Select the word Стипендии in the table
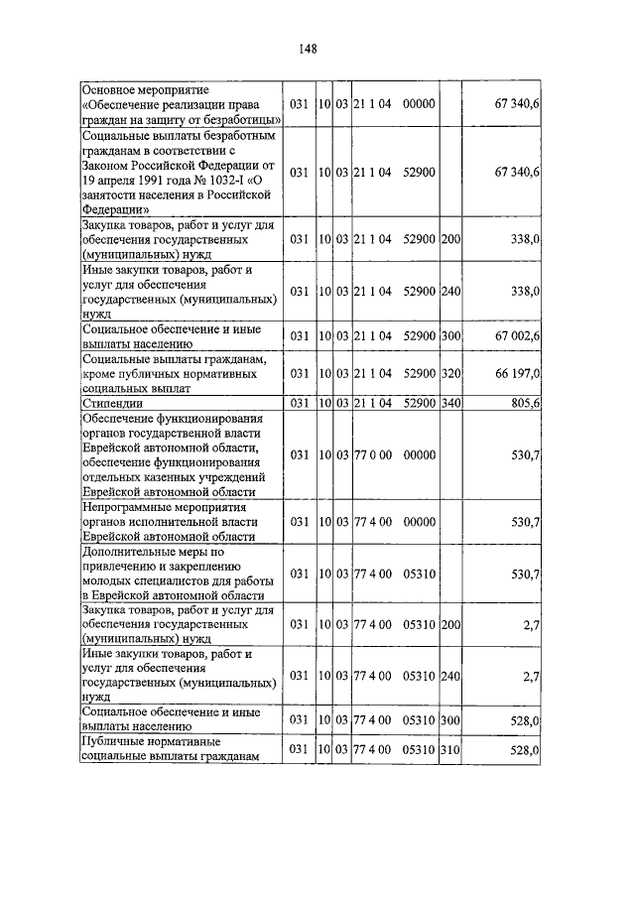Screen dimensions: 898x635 112,404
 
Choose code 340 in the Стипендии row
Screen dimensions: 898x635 450,404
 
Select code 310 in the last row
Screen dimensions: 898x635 450,751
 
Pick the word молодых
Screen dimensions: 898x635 105,580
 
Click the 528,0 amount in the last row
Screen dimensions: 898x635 523,751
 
